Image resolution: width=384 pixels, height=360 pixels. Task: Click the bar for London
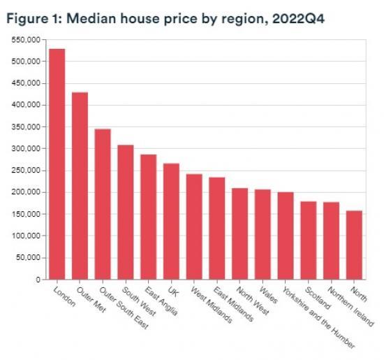coord(57,164)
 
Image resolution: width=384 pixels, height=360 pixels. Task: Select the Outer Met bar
coord(80,186)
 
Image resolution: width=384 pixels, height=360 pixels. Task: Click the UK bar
coord(172,222)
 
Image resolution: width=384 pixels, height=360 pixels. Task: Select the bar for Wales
coord(263,234)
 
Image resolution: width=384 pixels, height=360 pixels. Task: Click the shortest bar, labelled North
coord(355,245)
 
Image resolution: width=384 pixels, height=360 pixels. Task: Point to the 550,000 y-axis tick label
coord(27,40)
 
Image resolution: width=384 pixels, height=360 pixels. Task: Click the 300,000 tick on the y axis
coord(27,149)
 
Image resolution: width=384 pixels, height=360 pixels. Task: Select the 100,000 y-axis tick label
coord(27,236)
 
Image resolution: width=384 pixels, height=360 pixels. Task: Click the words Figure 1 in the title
coord(29,19)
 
